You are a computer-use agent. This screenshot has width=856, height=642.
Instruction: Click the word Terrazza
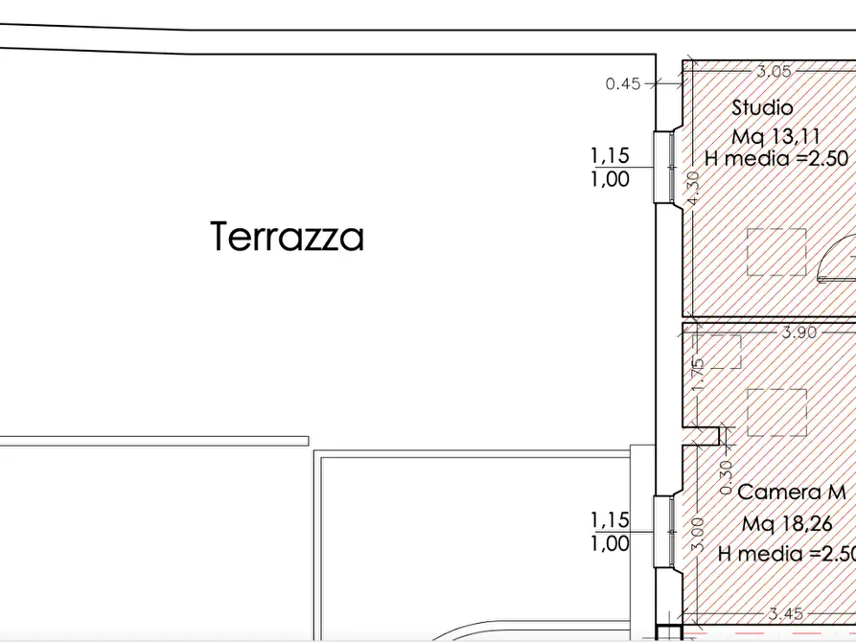click(x=287, y=236)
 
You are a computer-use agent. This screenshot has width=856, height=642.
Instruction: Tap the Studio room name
click(x=762, y=107)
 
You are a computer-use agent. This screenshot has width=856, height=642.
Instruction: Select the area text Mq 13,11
click(x=775, y=136)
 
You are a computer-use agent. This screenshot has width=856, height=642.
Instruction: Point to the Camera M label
click(x=791, y=493)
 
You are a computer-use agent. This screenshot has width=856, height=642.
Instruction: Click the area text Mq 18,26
click(x=787, y=524)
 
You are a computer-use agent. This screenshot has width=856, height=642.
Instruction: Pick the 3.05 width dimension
click(x=774, y=70)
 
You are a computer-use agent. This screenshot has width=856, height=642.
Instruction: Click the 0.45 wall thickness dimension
click(x=623, y=83)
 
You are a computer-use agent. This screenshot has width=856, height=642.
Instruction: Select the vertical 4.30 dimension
click(x=694, y=188)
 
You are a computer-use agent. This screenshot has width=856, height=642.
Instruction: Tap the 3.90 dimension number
click(x=798, y=332)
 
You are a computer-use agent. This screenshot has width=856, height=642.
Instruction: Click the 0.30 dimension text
click(x=726, y=471)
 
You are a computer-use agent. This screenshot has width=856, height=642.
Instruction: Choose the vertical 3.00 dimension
click(x=698, y=530)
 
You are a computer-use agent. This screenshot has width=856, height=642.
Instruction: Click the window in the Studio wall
click(x=664, y=166)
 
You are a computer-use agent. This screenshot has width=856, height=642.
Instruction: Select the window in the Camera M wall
click(x=663, y=530)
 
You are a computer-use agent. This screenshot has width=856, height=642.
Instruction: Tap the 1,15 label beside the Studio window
click(x=610, y=154)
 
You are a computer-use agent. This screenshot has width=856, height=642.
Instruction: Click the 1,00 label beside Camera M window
click(x=610, y=543)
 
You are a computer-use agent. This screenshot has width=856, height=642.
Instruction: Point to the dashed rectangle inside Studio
click(x=777, y=251)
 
